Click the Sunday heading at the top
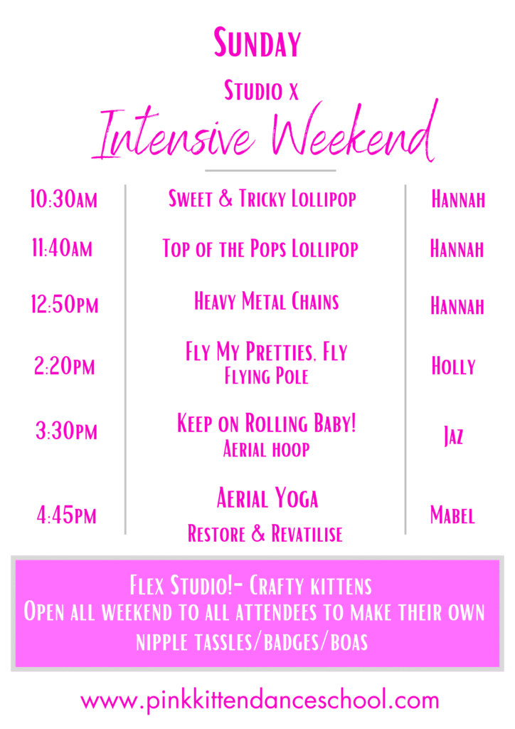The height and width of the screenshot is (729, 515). (x=257, y=42)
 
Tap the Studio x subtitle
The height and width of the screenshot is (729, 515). (x=261, y=90)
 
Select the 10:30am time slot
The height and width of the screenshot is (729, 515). (x=63, y=199)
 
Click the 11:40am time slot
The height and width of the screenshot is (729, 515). (x=62, y=248)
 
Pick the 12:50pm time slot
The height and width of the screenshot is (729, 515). (x=65, y=304)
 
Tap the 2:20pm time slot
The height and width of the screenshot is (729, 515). (x=65, y=366)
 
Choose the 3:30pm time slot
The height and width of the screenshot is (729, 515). (x=66, y=431)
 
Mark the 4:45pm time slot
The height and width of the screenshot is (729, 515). (x=66, y=515)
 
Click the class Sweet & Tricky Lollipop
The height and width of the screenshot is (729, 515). (x=262, y=199)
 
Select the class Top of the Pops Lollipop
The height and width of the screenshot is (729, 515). (x=260, y=248)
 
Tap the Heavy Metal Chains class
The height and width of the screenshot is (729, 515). (x=267, y=301)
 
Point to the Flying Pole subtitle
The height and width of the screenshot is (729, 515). (x=267, y=376)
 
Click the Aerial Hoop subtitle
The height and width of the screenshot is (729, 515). (x=267, y=449)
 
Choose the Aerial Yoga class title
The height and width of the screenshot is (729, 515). (x=267, y=498)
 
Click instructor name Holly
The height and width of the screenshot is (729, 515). (x=454, y=366)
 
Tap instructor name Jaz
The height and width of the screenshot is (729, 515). (x=454, y=436)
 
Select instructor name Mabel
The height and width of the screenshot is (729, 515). (x=453, y=515)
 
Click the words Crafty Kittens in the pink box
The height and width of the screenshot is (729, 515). (x=311, y=585)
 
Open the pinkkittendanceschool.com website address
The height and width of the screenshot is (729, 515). (x=260, y=701)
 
